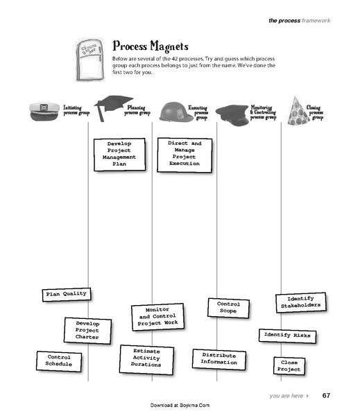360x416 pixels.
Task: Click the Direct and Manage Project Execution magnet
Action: pyautogui.click(x=184, y=153)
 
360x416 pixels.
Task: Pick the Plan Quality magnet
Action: pyautogui.click(x=66, y=294)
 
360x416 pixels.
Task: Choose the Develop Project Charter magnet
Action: pyautogui.click(x=88, y=330)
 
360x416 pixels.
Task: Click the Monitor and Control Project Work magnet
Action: pyautogui.click(x=157, y=316)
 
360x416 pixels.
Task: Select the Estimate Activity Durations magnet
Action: pyautogui.click(x=146, y=358)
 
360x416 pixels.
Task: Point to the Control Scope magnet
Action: pyautogui.click(x=228, y=308)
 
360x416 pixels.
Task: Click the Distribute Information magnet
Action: pyautogui.click(x=218, y=358)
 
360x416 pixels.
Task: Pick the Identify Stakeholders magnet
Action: pyautogui.click(x=300, y=302)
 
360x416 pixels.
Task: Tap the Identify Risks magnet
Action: pyautogui.click(x=287, y=336)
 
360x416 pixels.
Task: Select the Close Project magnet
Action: pyautogui.click(x=289, y=366)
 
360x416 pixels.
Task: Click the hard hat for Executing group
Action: pyautogui.click(x=172, y=112)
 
